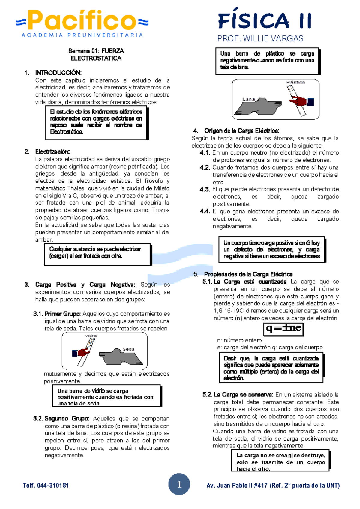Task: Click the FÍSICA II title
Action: click(x=265, y=21)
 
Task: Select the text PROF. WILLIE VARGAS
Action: click(x=260, y=38)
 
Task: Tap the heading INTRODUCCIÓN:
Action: click(x=58, y=73)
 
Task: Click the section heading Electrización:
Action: click(x=52, y=152)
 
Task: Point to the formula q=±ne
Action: click(x=283, y=328)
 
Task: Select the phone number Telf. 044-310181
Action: click(x=46, y=485)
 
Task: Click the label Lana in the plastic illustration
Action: click(x=248, y=99)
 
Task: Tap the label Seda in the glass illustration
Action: click(x=128, y=349)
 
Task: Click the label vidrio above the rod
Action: click(x=91, y=336)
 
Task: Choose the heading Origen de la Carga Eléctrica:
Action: click(x=241, y=131)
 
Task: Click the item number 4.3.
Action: click(x=205, y=189)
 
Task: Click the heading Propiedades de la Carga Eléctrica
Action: click(x=248, y=274)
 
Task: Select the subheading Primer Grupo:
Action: click(x=62, y=314)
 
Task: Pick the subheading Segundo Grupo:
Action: click(x=67, y=418)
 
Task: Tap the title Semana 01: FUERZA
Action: click(x=96, y=51)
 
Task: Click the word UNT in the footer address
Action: click(x=332, y=485)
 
